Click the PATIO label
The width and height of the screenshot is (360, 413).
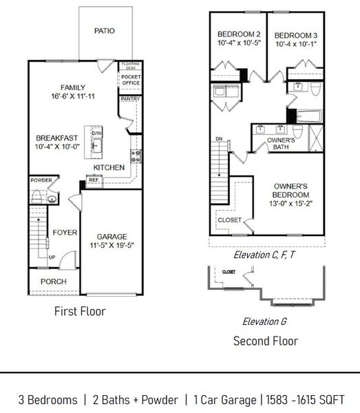pos(104,31)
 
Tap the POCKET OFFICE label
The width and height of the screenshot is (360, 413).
pos(130,80)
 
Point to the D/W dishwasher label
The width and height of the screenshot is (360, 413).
pos(97,133)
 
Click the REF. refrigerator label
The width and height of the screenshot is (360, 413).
pos(94,180)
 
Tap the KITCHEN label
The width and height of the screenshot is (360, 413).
pos(109,167)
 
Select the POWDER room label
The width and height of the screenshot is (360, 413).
pos(41,180)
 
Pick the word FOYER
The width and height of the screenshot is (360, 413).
pos(61,233)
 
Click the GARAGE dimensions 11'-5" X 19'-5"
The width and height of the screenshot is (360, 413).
pos(112,246)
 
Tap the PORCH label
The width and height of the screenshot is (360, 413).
pos(54,281)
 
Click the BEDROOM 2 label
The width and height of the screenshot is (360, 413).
pos(238,34)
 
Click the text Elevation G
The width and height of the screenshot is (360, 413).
pos(264,321)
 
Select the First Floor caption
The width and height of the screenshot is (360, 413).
pos(80,312)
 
